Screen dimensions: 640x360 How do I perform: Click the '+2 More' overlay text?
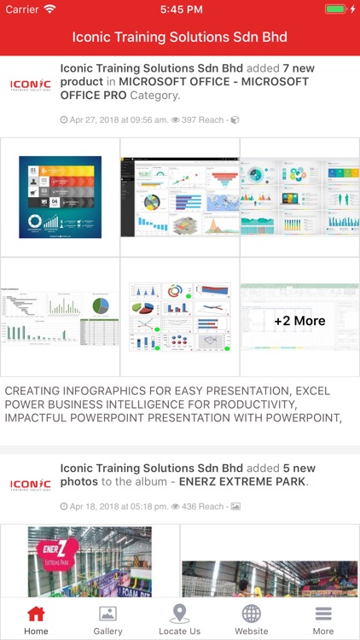point(299,321)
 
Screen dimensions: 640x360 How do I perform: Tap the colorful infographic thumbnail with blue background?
point(60,197)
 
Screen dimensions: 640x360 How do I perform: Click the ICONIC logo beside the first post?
point(30,84)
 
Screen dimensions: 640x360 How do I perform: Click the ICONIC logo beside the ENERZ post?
point(30,485)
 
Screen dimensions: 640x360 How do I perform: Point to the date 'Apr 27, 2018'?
point(97,120)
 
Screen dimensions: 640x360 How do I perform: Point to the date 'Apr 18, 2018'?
point(97,506)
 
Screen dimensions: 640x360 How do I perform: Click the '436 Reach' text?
point(201,506)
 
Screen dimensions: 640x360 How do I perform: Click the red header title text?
point(179,38)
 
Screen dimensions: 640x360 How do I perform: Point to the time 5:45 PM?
point(179,9)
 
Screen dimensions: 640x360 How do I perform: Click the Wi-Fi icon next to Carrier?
point(49,9)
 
